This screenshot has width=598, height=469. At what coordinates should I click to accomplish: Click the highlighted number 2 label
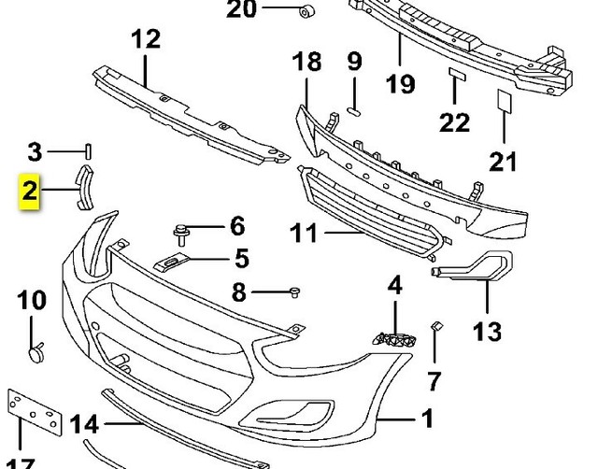(30, 193)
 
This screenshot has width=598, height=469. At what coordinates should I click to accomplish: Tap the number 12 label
(146, 40)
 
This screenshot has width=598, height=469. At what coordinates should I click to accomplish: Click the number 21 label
(504, 161)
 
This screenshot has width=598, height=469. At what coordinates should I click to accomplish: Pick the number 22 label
(455, 121)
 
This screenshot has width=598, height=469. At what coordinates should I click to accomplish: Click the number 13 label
(488, 330)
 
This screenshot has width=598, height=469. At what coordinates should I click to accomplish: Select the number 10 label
(31, 300)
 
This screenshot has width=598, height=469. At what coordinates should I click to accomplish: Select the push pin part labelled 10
(37, 352)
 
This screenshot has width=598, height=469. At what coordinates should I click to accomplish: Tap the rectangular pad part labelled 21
(500, 99)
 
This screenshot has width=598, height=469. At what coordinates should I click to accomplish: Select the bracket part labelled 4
(392, 338)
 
